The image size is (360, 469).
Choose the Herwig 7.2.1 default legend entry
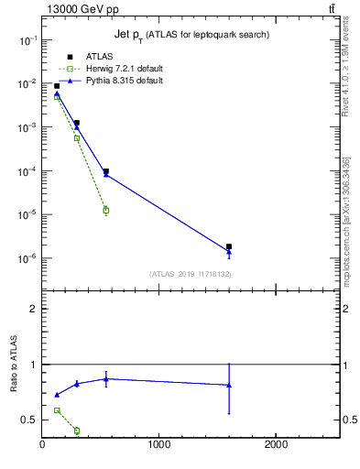tap(119, 69)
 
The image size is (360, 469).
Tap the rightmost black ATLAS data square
tap(229, 246)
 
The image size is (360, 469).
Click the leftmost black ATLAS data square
tap(57, 86)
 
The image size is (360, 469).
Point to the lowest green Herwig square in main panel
tap(106, 211)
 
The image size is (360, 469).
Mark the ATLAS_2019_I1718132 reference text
tap(191, 274)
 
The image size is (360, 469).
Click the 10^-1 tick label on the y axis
tap(27, 40)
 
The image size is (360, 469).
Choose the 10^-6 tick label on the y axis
tap(27, 258)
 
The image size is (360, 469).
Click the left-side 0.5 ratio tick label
tap(30, 420)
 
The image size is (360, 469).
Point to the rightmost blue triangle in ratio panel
tap(229, 385)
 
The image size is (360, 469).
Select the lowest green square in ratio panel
tap(77, 431)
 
